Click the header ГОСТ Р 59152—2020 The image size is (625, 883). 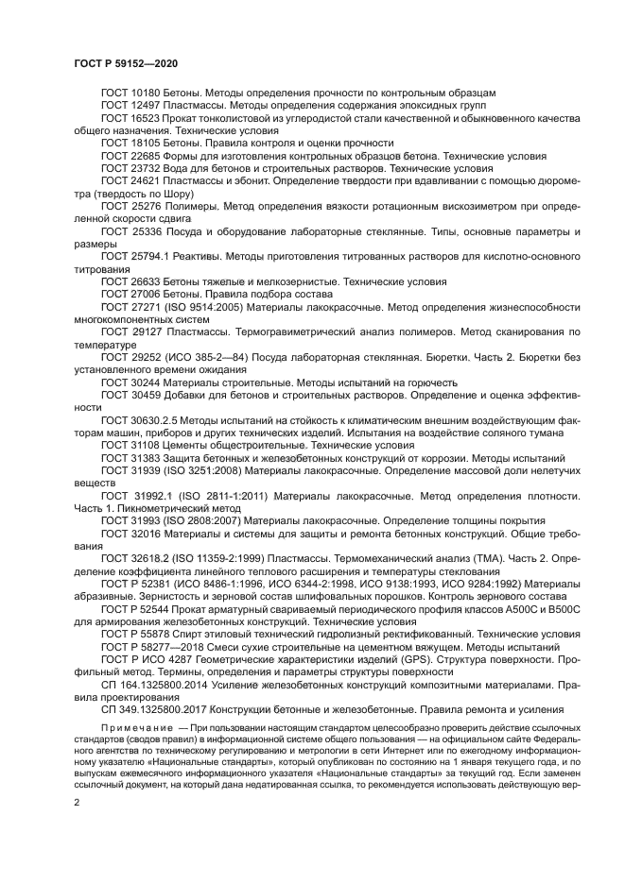[126, 62]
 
